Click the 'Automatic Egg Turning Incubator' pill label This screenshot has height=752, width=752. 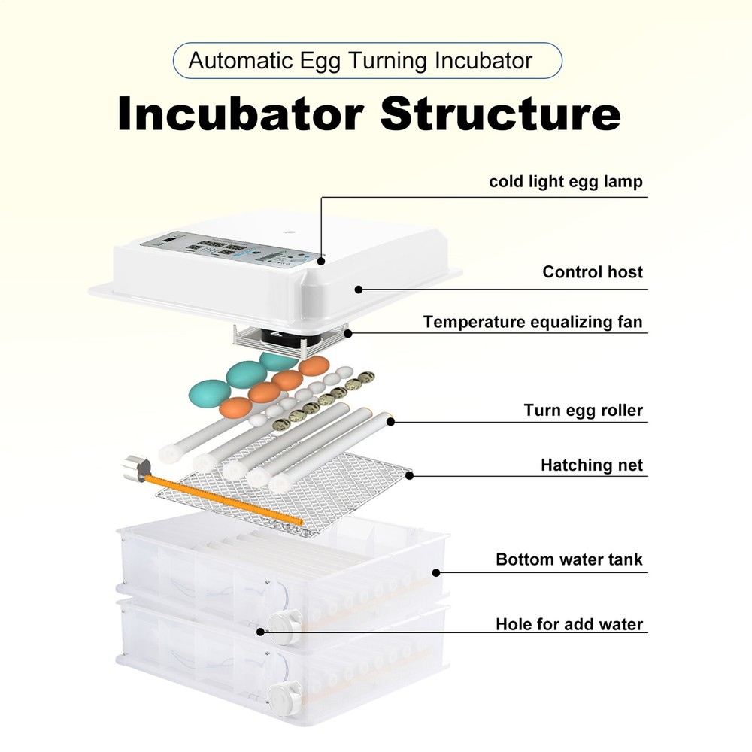point(367,61)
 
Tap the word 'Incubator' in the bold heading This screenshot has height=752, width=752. point(241,115)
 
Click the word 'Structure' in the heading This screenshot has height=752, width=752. point(500,115)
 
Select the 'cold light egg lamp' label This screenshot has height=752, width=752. point(566,182)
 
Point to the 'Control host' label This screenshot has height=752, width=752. point(593,272)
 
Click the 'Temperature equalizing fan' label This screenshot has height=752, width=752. point(532,323)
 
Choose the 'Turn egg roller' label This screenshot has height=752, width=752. point(583,411)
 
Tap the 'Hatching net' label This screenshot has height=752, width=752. point(591,465)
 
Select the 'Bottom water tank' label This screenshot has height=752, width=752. point(569,560)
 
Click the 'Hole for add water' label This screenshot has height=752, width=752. point(569,625)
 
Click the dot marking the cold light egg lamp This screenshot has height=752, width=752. point(321,262)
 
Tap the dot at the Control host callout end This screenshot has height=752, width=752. point(359,289)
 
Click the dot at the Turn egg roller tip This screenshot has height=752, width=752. point(390,421)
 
